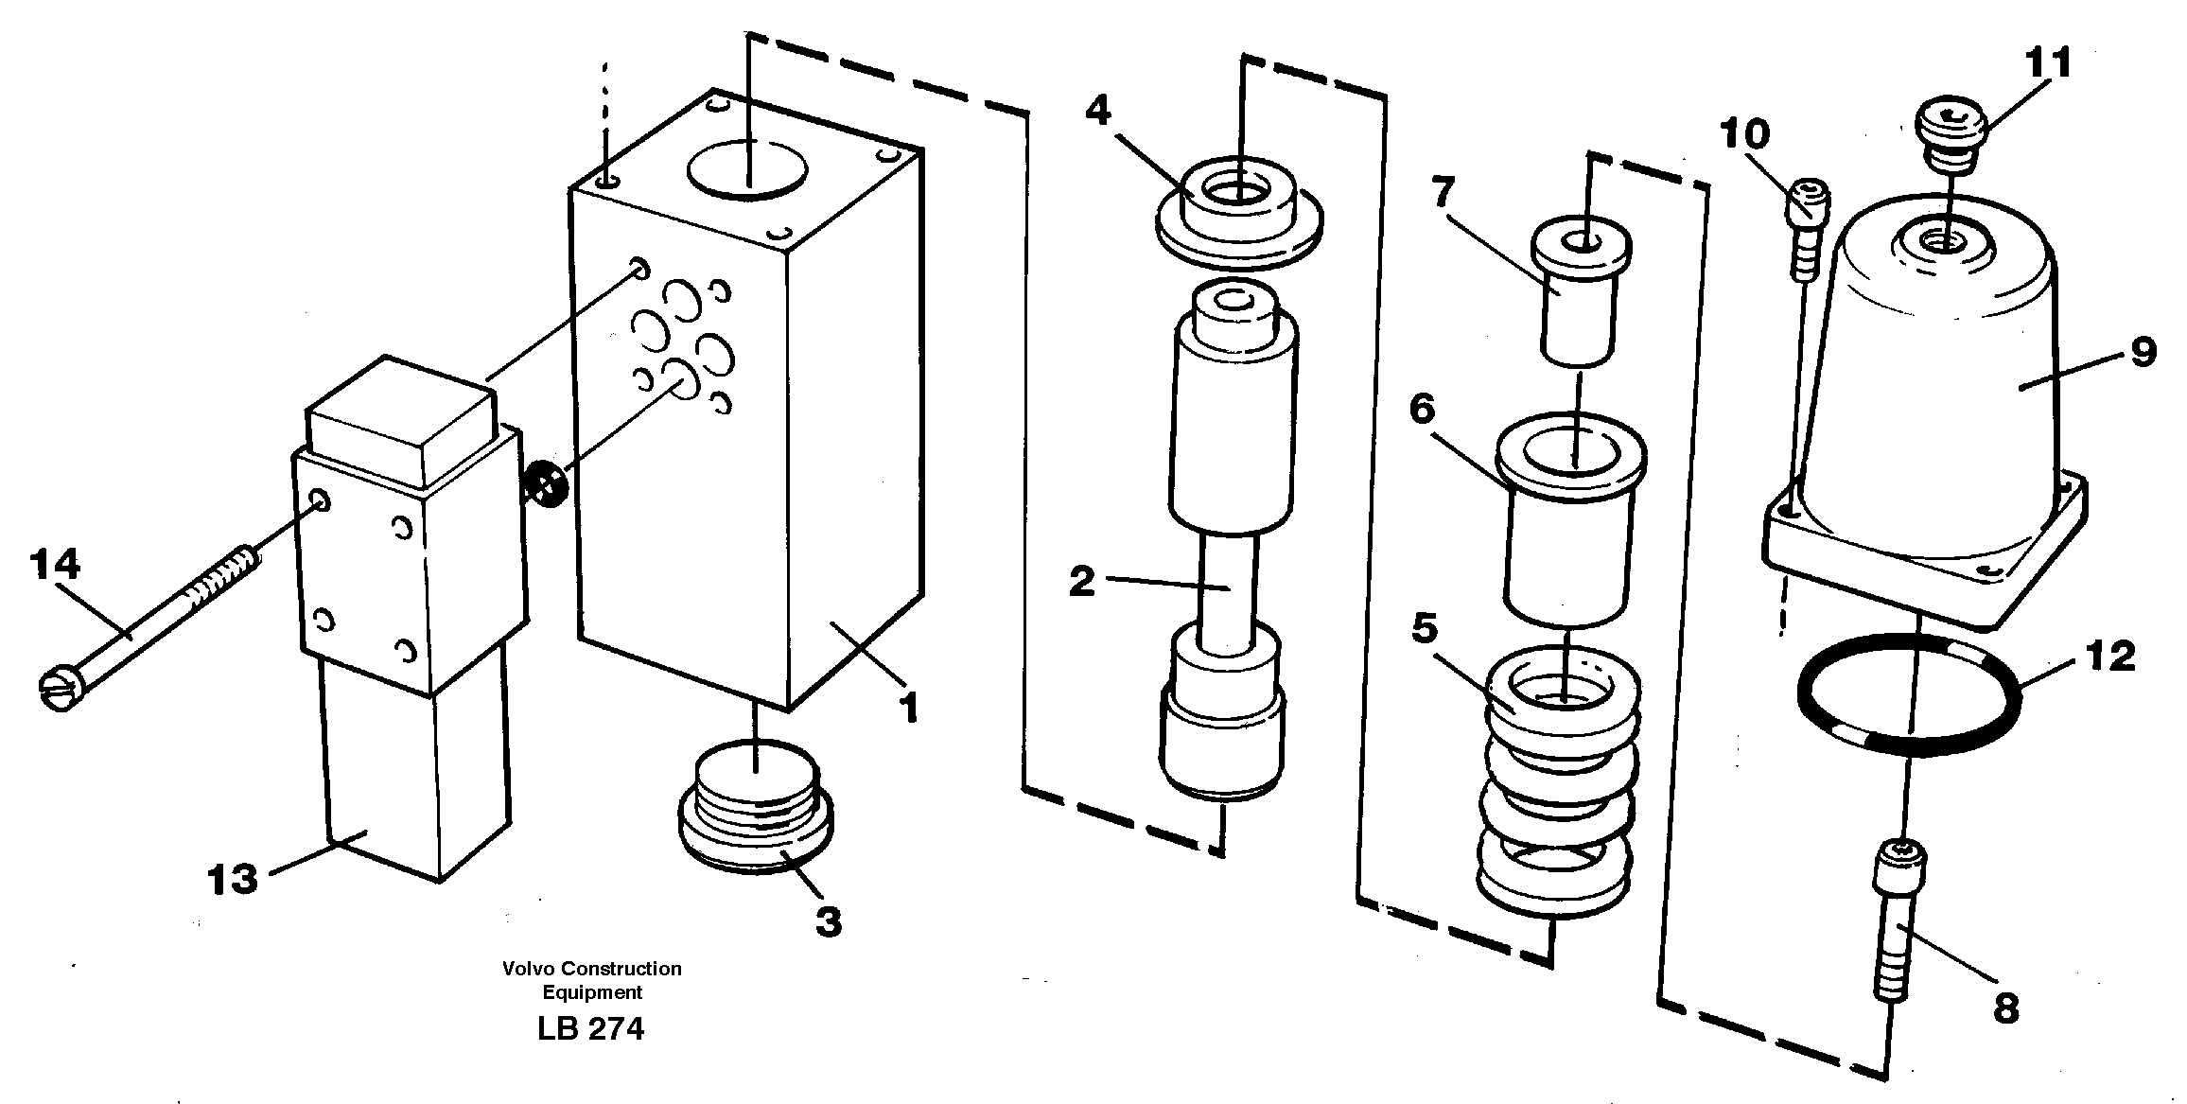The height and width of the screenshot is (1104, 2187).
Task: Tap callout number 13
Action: click(x=232, y=880)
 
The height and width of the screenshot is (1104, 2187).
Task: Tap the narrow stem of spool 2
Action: click(x=1230, y=587)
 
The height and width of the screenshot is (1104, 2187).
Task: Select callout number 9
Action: click(x=2143, y=352)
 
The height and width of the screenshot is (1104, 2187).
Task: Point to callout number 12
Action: click(x=2110, y=656)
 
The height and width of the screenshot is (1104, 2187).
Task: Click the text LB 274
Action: click(x=590, y=1029)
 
